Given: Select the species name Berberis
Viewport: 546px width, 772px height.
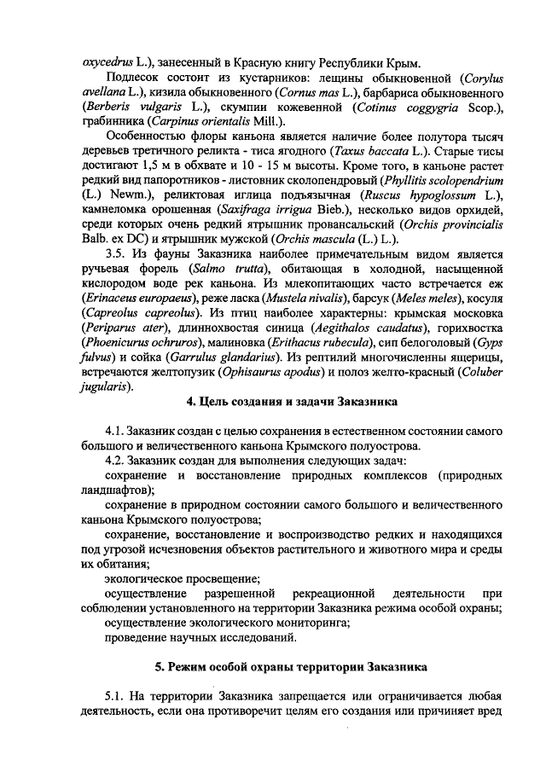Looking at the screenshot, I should click(x=107, y=107).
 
